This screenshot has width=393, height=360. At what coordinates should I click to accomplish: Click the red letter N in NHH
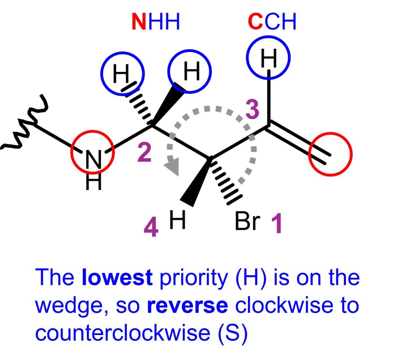coord(139,22)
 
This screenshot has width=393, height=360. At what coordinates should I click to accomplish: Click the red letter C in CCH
coord(255,22)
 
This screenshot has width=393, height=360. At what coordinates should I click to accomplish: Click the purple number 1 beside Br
coord(277,223)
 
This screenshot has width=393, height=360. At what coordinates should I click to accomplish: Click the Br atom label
coord(248,221)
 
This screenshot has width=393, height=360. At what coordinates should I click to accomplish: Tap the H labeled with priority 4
coord(177,220)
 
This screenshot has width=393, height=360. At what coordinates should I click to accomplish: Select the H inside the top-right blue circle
coord(269,58)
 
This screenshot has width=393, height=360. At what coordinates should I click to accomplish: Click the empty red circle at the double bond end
coord(330,154)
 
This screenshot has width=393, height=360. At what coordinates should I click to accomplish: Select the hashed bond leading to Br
coord(226,181)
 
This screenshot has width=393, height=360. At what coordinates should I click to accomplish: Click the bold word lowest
coord(117,277)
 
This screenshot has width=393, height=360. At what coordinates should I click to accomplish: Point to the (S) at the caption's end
coord(233,333)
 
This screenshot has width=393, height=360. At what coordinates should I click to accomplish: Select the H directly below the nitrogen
coord(94,182)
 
